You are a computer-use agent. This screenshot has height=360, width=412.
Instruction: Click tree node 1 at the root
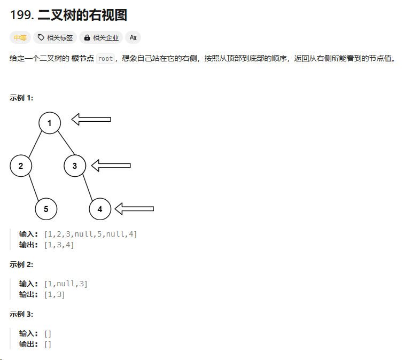[49, 123]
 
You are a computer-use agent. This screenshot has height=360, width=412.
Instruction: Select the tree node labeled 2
[21, 166]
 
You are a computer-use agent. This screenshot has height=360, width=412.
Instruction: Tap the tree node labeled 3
[75, 166]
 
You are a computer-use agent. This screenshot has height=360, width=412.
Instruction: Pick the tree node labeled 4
[100, 209]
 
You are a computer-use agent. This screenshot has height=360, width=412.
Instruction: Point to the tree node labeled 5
[46, 209]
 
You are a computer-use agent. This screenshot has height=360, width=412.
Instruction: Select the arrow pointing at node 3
[111, 166]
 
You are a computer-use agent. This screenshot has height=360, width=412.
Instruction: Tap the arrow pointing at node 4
[134, 208]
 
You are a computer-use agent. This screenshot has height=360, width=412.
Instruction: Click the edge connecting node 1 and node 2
[35, 145]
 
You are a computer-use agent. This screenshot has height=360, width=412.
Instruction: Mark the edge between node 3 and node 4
[88, 187]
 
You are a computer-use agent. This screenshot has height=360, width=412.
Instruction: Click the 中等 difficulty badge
[20, 37]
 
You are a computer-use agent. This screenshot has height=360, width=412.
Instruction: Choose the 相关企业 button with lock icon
[101, 37]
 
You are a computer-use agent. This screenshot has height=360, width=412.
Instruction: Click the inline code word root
[105, 59]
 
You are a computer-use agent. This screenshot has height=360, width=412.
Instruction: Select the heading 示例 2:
[21, 264]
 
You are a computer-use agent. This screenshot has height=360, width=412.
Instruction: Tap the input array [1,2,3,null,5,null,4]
[90, 234]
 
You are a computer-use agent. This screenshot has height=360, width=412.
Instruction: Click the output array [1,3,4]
[59, 245]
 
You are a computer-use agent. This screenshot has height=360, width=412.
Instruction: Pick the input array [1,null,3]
[66, 284]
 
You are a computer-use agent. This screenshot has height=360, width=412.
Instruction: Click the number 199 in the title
[21, 15]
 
